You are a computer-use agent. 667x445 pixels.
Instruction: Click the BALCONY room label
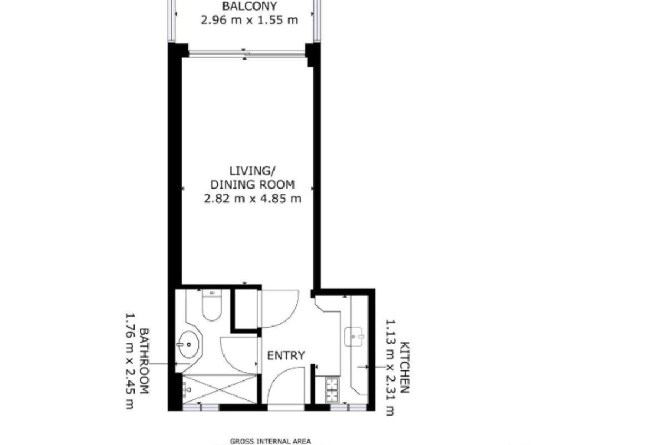click(x=250, y=6)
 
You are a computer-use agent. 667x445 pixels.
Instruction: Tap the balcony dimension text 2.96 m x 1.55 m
click(x=250, y=20)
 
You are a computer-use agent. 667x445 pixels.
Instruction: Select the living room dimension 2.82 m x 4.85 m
click(x=252, y=198)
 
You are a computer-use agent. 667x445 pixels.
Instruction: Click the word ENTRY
click(x=286, y=355)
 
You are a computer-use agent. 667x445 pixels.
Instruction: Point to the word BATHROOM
click(x=144, y=361)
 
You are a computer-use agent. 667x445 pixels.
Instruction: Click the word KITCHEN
click(x=405, y=367)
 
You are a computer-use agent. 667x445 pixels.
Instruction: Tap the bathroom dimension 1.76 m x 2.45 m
click(x=130, y=360)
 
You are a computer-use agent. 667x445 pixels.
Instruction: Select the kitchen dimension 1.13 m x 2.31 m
click(x=390, y=368)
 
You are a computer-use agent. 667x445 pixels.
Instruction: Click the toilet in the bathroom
click(x=211, y=305)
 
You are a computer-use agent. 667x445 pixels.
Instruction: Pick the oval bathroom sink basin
click(x=188, y=345)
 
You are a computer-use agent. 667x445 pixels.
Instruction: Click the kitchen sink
click(x=354, y=337)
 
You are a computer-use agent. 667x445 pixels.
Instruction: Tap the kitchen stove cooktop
click(x=332, y=390)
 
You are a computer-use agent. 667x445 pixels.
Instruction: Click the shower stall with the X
click(x=220, y=389)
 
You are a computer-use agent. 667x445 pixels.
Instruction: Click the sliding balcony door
click(x=247, y=54)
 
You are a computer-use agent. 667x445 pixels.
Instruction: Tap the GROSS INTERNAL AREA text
click(x=270, y=441)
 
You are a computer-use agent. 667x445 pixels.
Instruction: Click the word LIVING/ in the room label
click(x=252, y=171)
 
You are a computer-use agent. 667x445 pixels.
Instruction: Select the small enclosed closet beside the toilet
click(x=246, y=309)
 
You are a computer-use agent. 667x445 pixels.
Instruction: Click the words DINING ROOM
click(x=252, y=185)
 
